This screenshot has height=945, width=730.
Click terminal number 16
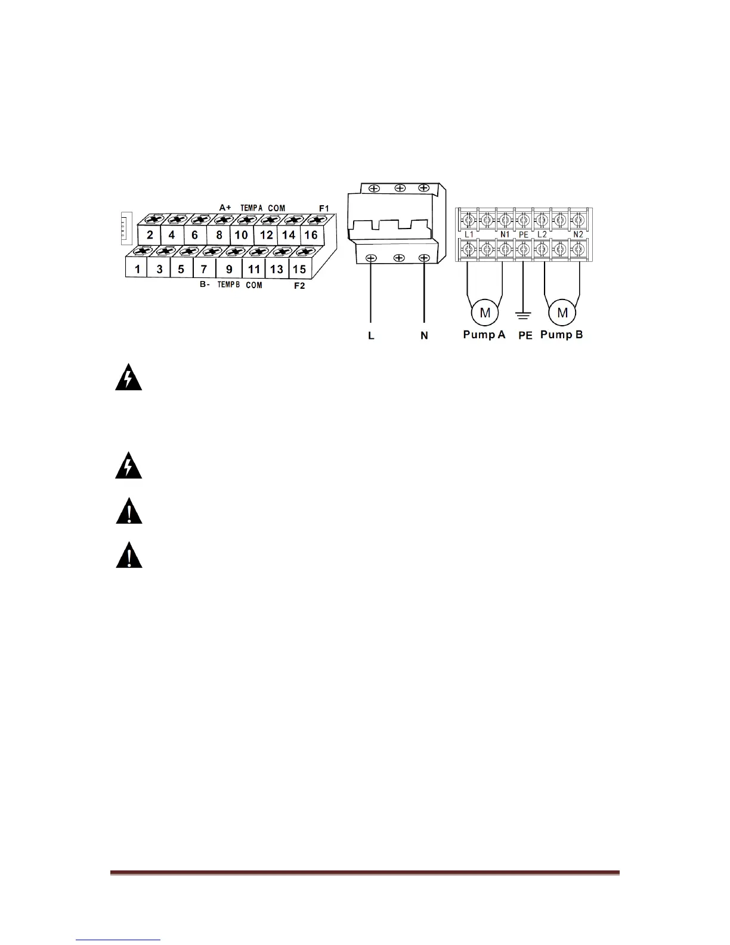[x=311, y=235]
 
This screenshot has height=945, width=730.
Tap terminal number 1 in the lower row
[x=137, y=269]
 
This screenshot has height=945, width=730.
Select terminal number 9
[x=229, y=269]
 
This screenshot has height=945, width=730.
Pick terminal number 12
[x=266, y=235]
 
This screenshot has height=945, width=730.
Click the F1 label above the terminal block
[x=324, y=208]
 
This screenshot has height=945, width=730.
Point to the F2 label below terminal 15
[x=299, y=286]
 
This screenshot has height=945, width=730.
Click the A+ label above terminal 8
[x=225, y=208]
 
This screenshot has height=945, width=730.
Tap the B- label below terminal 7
[x=205, y=285]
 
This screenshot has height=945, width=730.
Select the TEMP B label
[x=228, y=285]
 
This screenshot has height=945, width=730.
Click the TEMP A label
[x=252, y=208]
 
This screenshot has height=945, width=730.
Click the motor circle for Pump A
[x=485, y=313]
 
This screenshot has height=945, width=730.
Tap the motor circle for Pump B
[x=562, y=313]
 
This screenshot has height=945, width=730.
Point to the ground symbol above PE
[x=523, y=313]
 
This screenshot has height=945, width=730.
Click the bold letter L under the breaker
[x=371, y=336]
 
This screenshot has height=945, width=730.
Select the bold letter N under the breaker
[x=424, y=336]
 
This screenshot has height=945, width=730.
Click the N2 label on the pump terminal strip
[x=577, y=234]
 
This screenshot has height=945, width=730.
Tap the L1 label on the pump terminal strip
[x=469, y=234]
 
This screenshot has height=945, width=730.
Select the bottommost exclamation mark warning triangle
[x=128, y=557]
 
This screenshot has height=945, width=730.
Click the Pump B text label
[x=561, y=335]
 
